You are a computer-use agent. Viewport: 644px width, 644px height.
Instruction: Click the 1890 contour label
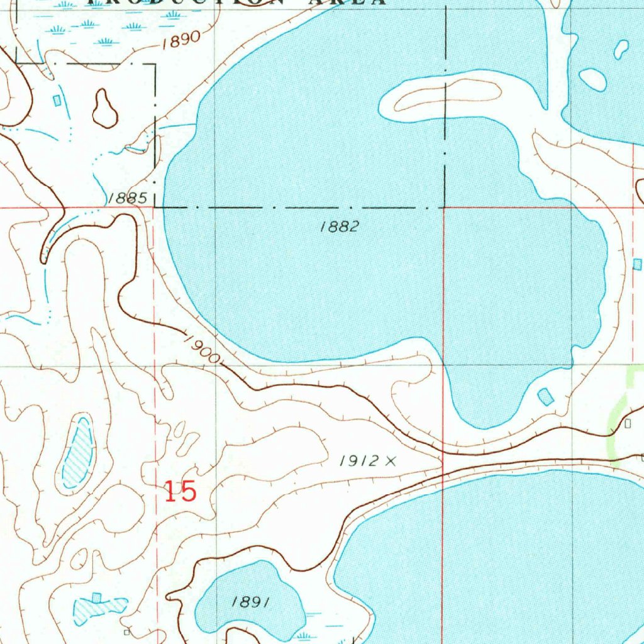tap(180, 40)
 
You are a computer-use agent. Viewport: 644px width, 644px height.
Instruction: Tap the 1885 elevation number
tap(127, 198)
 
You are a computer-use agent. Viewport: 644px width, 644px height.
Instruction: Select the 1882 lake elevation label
tap(339, 227)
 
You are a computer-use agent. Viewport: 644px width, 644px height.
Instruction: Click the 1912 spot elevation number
tap(359, 461)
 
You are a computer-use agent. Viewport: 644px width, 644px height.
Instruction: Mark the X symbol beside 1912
tap(391, 462)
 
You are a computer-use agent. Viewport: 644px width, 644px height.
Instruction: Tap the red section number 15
tap(180, 491)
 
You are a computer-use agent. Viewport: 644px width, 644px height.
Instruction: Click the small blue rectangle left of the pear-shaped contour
tap(58, 99)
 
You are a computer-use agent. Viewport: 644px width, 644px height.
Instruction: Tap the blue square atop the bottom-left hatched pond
tap(96, 596)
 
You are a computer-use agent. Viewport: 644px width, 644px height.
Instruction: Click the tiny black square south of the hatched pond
tap(127, 631)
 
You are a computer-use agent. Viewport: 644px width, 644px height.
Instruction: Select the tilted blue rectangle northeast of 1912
tap(545, 396)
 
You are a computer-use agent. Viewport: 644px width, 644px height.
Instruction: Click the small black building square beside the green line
tap(627, 424)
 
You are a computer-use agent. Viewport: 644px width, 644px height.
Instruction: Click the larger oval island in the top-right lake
tap(592, 79)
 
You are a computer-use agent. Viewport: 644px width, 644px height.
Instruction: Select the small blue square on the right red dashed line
tap(637, 264)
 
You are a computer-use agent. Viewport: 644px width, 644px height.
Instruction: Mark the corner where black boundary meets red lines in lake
tap(444, 207)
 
